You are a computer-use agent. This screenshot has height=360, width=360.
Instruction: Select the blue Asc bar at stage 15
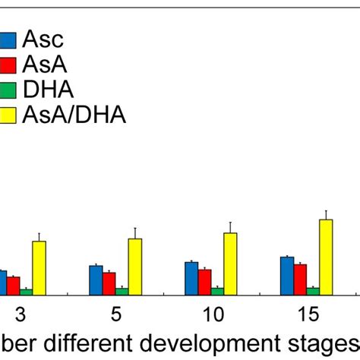pos(287,275)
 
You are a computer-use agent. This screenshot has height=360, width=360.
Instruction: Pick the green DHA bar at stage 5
pos(122,291)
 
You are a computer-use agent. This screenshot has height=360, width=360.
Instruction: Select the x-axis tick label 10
pos(213,314)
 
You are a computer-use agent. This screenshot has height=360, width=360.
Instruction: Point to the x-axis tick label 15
pos(308,314)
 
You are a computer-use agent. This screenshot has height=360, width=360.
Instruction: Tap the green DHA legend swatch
pos(8,90)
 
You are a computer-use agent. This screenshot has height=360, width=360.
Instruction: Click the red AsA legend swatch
pos(8,65)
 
